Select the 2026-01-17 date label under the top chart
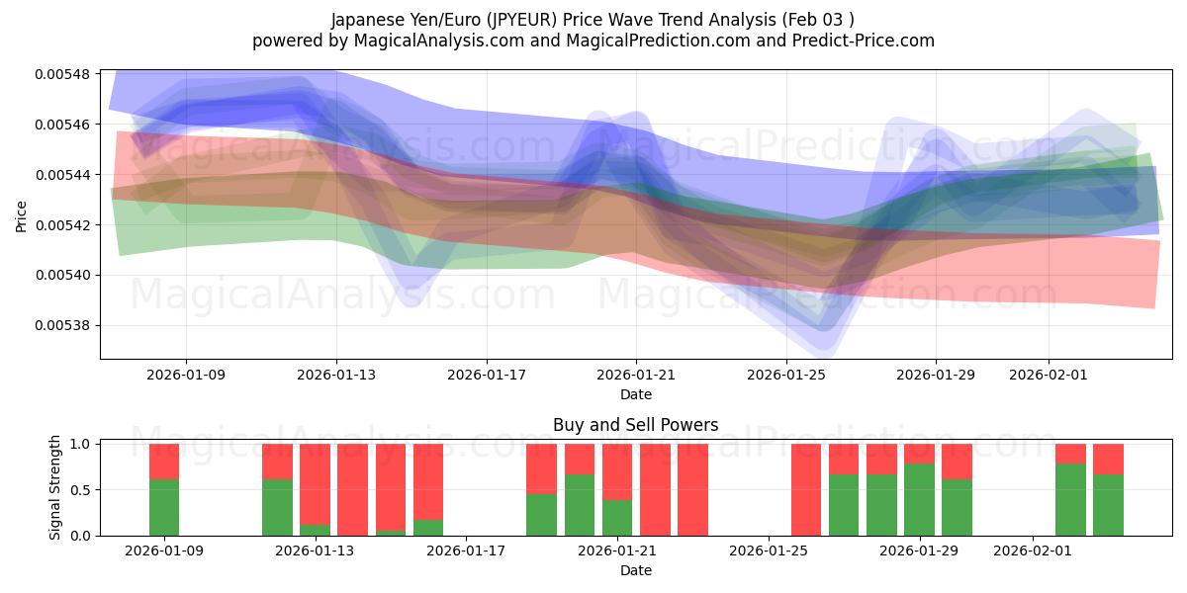tap(486, 375)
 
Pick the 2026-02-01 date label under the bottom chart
tap(1032, 551)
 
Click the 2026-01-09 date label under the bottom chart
tap(164, 551)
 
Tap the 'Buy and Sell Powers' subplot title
tap(635, 425)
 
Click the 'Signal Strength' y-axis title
tap(55, 487)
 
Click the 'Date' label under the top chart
tap(635, 394)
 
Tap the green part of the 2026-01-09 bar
tap(164, 507)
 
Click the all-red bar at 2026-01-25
tap(805, 489)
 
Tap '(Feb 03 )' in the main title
tap(817, 19)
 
